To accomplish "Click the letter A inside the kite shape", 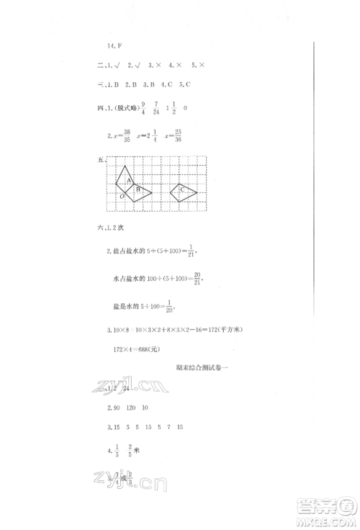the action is coord(128,180).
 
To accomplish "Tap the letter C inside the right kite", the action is coord(181,190).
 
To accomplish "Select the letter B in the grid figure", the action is coord(138,189).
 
